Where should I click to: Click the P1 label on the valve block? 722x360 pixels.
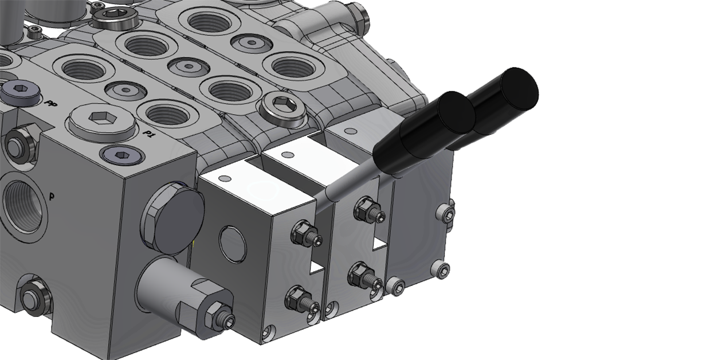tap(149, 134)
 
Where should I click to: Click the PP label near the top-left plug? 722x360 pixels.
tap(51, 103)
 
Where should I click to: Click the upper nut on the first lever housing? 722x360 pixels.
tap(301, 232)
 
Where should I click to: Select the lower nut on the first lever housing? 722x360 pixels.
tap(298, 296)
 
